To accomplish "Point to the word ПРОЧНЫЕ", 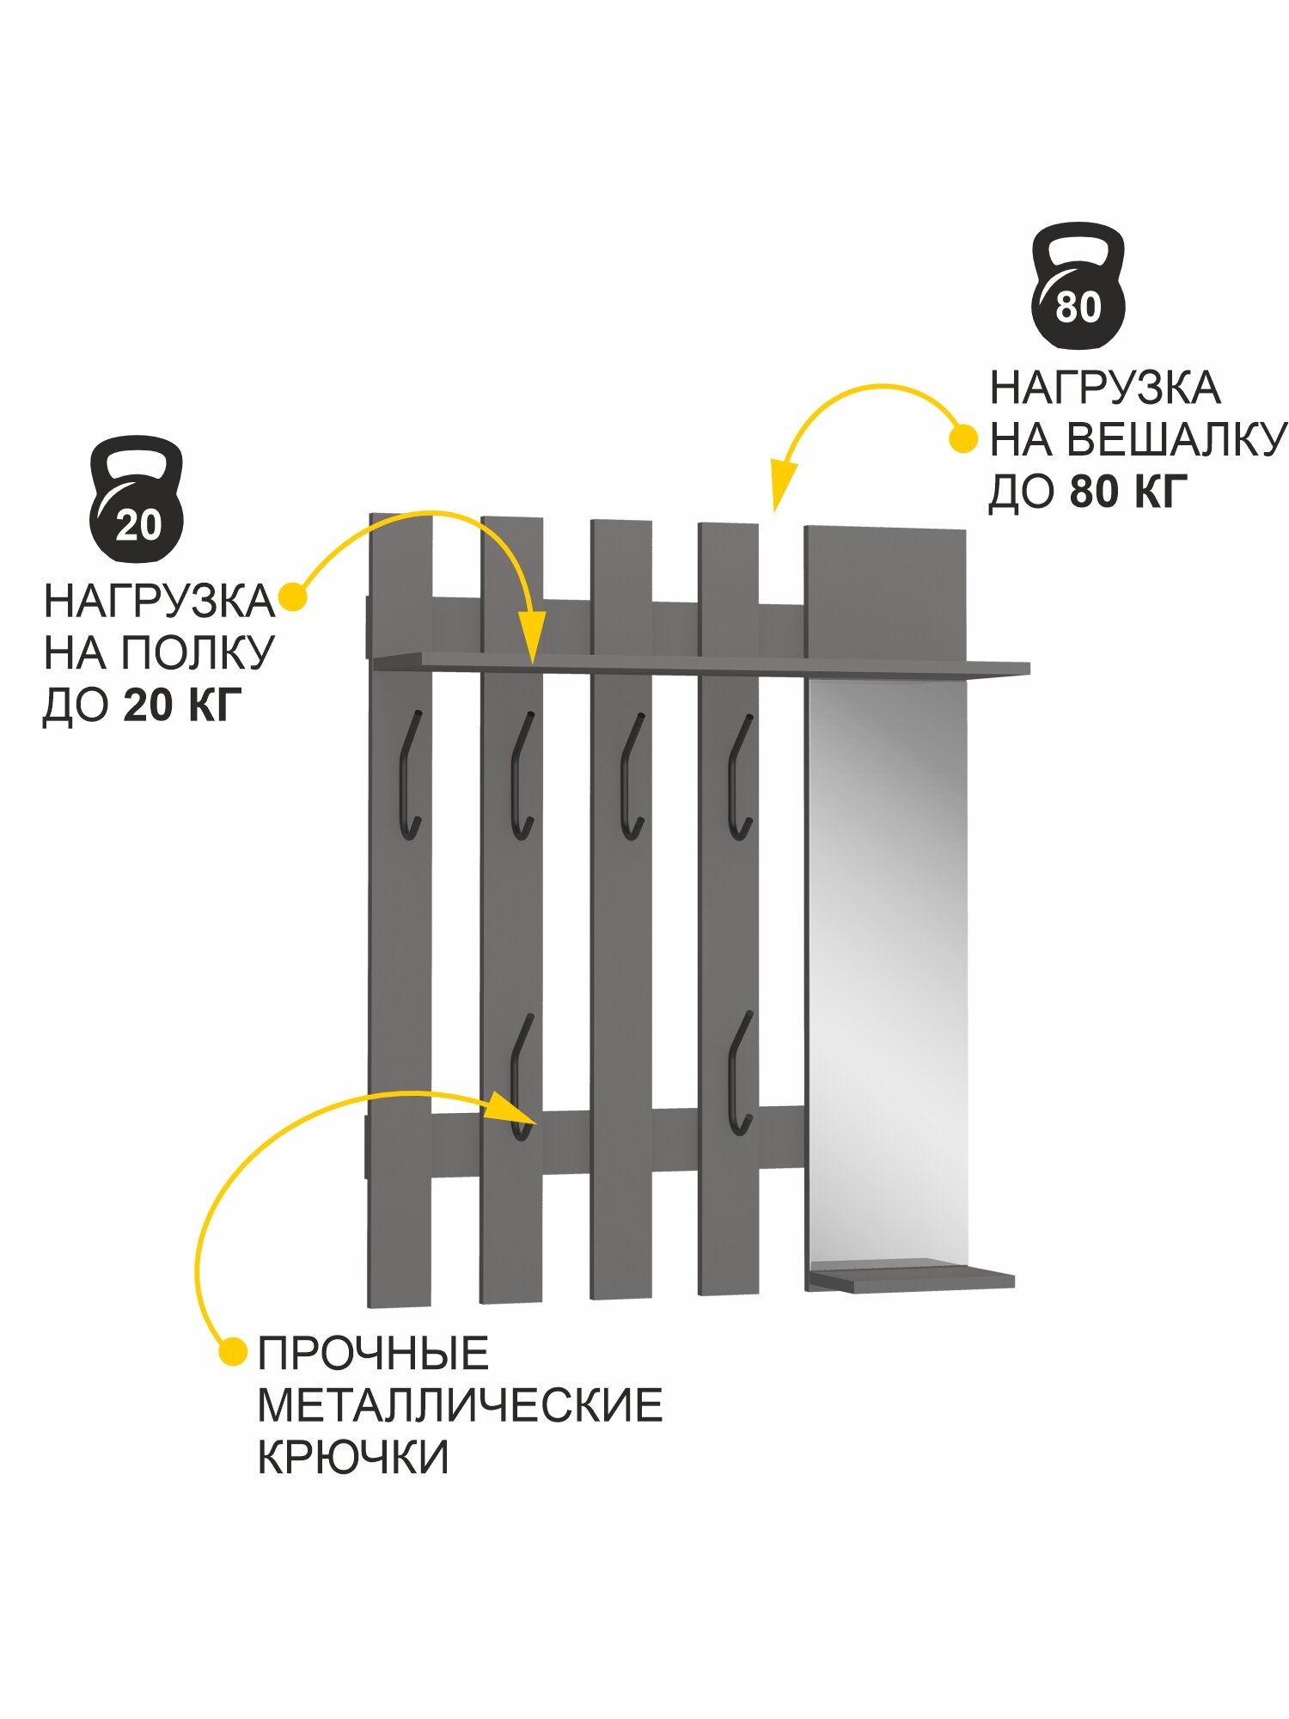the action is pyautogui.click(x=373, y=1354).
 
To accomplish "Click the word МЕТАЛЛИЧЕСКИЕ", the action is pyautogui.click(x=460, y=1406).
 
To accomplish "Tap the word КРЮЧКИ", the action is pyautogui.click(x=353, y=1458).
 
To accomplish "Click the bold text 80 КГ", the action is pyautogui.click(x=1128, y=492).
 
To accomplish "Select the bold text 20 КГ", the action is pyautogui.click(x=182, y=706).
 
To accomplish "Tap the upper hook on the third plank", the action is pyautogui.click(x=632, y=777).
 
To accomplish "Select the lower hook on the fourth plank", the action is pyautogui.click(x=739, y=1074).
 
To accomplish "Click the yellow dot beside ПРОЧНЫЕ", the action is pyautogui.click(x=232, y=1352).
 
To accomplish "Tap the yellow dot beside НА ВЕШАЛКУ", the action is pyautogui.click(x=962, y=439).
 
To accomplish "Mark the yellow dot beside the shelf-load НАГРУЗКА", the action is pyautogui.click(x=293, y=598).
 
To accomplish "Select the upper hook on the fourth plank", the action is pyautogui.click(x=740, y=778).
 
